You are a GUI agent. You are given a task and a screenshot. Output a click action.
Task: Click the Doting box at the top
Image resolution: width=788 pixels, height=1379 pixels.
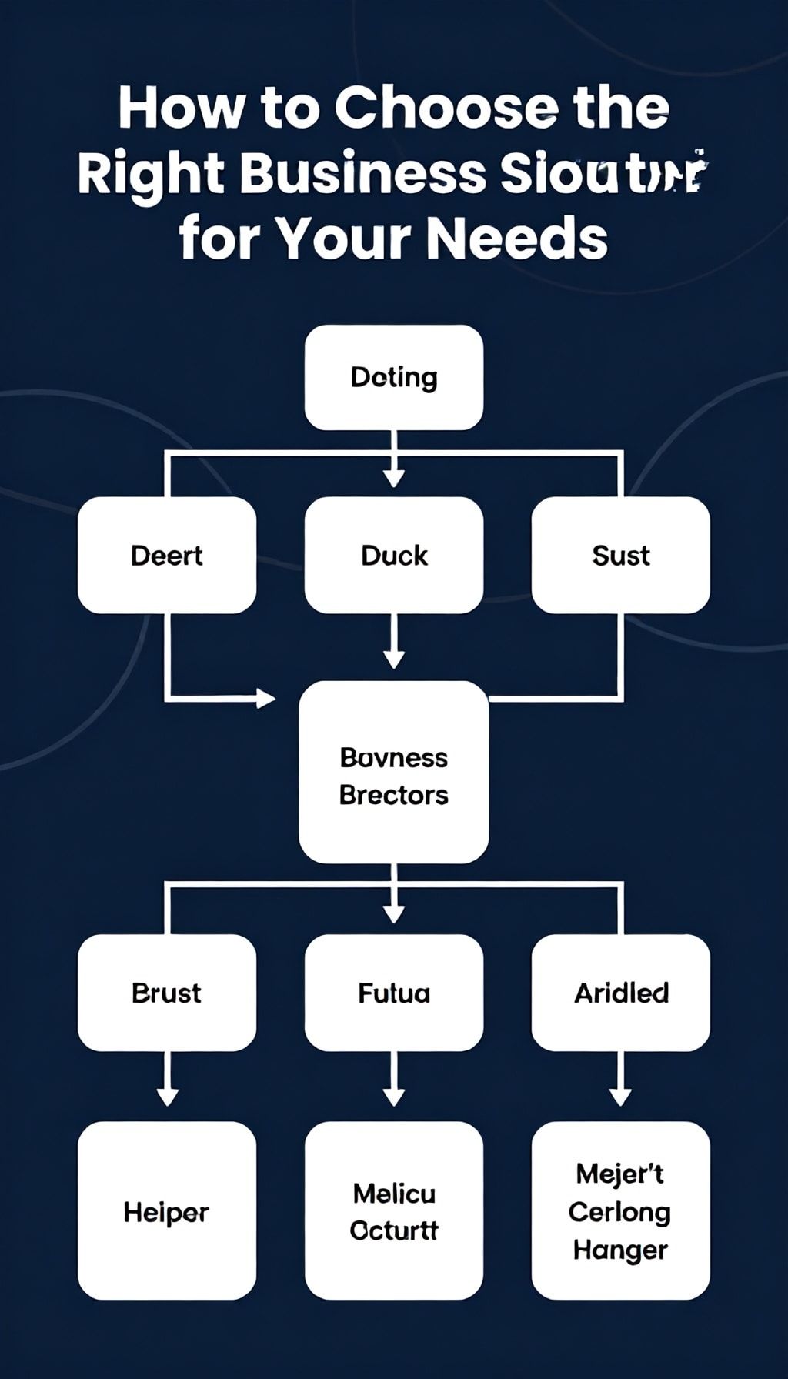(x=394, y=377)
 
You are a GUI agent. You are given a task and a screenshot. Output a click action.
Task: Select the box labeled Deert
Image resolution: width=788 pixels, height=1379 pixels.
(x=167, y=555)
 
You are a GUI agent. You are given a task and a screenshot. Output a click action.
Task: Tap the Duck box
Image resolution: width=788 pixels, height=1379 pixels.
(x=394, y=555)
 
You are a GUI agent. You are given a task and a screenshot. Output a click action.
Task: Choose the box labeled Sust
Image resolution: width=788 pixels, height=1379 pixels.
(x=621, y=555)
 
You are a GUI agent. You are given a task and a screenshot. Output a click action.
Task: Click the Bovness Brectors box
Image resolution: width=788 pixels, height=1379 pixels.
(x=394, y=773)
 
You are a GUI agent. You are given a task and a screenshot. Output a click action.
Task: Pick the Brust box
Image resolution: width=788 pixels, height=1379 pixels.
(x=167, y=993)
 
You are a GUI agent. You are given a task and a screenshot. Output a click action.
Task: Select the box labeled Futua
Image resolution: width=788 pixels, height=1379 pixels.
(x=394, y=993)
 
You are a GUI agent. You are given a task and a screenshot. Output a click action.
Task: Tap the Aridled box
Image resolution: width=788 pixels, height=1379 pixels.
(x=621, y=993)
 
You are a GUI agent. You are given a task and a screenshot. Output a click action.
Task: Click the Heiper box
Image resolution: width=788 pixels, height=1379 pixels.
(x=167, y=1211)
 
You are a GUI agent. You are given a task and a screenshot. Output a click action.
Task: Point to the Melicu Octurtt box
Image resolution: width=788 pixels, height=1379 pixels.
(x=394, y=1211)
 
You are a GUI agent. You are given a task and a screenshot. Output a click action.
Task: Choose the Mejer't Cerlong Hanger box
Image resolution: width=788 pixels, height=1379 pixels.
(x=621, y=1211)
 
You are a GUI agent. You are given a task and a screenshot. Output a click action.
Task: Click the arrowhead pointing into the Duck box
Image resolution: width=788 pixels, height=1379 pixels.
(x=394, y=477)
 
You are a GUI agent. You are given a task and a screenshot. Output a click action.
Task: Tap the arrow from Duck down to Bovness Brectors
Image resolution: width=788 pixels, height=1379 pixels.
(x=394, y=643)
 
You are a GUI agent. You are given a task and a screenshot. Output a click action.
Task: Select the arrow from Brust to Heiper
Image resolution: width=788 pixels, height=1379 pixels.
(x=167, y=1081)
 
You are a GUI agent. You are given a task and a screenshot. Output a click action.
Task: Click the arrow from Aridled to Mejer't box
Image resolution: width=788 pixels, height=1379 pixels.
(x=621, y=1081)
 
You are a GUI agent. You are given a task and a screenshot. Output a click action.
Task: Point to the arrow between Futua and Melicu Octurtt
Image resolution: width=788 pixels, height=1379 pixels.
(x=394, y=1081)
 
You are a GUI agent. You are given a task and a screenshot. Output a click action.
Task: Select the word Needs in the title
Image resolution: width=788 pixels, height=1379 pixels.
(x=517, y=238)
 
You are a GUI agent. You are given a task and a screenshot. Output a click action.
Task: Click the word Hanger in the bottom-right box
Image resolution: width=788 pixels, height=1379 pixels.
(x=620, y=1250)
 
